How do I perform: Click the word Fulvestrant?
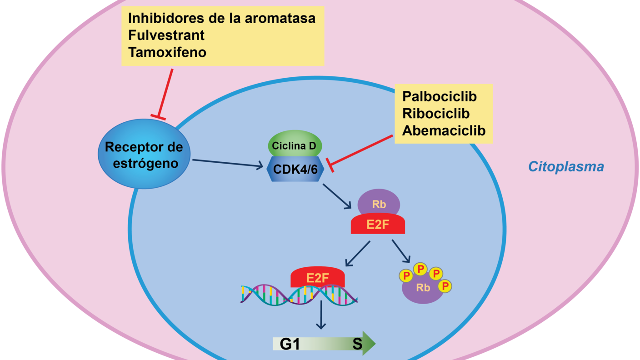(166, 35)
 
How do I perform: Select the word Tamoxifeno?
(167, 52)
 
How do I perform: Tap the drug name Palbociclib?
(439, 96)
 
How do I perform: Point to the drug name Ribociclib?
(435, 113)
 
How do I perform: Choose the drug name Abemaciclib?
(444, 130)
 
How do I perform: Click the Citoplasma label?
(565, 167)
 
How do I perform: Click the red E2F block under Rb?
(378, 225)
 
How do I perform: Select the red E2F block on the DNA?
(317, 277)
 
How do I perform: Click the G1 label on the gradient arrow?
(290, 345)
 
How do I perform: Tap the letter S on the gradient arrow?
(357, 345)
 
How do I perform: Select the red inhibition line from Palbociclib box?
(361, 150)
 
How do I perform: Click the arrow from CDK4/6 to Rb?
(337, 196)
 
